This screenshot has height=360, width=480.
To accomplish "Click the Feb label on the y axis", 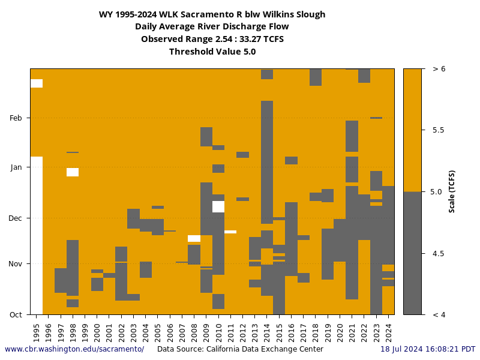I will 16,118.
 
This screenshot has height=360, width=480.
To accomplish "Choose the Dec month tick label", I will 16,218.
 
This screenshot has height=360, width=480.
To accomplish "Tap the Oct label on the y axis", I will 16,314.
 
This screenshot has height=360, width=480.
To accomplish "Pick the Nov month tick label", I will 16,263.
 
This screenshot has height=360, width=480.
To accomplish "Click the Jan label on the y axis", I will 16,167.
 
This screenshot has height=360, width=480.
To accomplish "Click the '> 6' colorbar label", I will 439,69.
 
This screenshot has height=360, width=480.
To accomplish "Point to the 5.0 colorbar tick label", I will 439,192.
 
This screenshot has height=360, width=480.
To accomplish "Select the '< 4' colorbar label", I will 439,314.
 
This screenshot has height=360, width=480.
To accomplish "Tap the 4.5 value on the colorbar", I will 439,254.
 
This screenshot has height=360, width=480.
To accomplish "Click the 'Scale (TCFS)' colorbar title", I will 452,191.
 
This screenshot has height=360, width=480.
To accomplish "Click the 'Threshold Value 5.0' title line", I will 212,52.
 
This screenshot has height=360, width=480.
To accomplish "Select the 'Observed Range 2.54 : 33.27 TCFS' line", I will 212,39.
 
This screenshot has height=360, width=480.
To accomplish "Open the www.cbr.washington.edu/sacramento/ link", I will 74,349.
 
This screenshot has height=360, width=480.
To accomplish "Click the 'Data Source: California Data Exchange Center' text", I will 240,349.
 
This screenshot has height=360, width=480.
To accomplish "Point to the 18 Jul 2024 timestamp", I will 428,349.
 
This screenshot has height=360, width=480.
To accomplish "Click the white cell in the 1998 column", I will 73,172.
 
